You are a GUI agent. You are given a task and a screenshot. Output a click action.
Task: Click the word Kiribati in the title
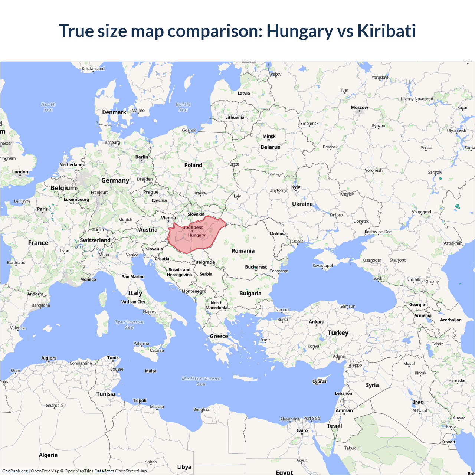pos(386,31)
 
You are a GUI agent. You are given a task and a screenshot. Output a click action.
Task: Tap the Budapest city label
pos(192,227)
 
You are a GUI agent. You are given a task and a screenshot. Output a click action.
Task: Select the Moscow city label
pos(359,108)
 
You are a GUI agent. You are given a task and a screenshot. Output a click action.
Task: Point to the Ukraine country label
pos(302,204)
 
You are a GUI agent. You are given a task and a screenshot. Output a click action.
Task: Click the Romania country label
pos(243,251)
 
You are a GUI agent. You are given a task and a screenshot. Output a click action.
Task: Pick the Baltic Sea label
pos(183,107)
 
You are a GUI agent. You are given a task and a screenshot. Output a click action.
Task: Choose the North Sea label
pos(48,107)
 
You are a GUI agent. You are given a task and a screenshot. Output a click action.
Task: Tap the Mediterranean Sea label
pos(201,381)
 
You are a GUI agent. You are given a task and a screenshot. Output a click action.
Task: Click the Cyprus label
pos(319,381)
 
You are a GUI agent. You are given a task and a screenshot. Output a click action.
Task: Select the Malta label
pos(151,371)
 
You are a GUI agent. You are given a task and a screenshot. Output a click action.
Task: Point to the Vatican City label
pos(133,302)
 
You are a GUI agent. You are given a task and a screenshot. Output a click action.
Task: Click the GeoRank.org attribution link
pos(15,471)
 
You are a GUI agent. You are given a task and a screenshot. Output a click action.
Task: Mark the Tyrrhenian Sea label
pos(129,324)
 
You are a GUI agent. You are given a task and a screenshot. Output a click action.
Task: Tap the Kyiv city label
pos(296,187)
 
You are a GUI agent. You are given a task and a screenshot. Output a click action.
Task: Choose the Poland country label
pos(193,165)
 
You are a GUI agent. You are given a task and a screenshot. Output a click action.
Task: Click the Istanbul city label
pos(282,309)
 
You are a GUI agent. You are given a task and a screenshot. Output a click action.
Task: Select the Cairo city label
pos(302,430)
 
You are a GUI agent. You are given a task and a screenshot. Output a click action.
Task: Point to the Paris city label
pos(42,209)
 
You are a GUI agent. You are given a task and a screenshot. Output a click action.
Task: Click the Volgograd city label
pos(421,212)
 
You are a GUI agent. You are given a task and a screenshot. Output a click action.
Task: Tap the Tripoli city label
pos(140,400)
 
